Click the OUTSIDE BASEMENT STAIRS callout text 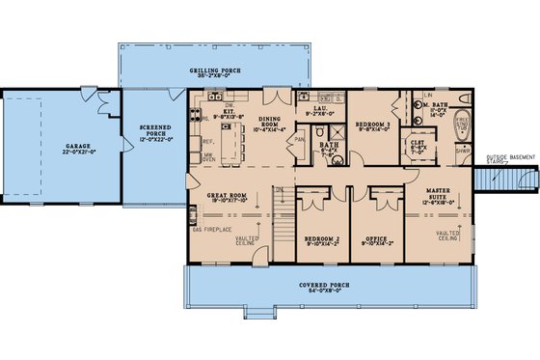(x=509, y=158)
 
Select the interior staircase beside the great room (x=283, y=226)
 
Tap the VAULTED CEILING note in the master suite (x=447, y=235)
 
